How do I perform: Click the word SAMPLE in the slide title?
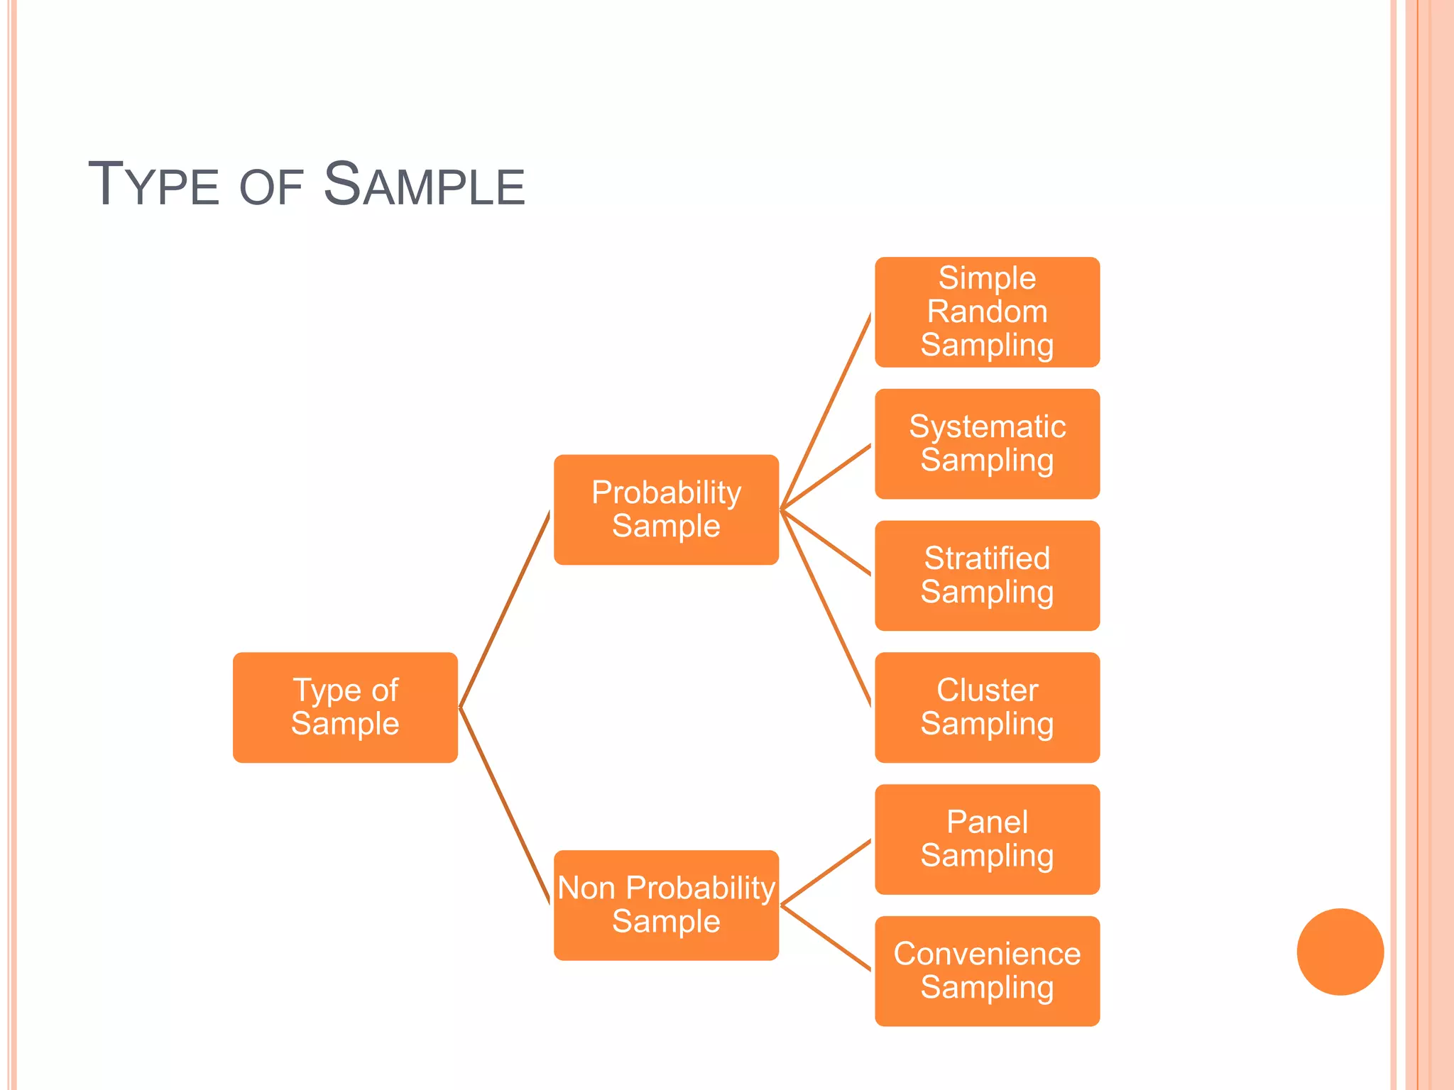tap(424, 185)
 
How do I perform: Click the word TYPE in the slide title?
tap(153, 185)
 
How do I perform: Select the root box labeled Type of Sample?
tap(345, 708)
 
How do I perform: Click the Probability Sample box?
tap(666, 510)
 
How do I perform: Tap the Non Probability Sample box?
tap(666, 905)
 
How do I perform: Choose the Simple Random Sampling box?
tap(987, 312)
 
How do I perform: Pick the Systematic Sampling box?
tap(987, 444)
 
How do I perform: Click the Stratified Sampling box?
tap(987, 576)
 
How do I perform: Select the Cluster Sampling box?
tap(987, 708)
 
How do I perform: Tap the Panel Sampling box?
tap(987, 839)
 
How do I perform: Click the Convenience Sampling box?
tap(987, 971)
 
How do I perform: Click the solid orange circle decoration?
tap(1340, 952)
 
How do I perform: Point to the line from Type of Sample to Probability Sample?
tap(505, 609)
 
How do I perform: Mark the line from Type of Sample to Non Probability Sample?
tap(505, 806)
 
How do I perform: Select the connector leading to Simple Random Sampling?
tap(826, 412)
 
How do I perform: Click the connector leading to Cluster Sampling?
tap(826, 608)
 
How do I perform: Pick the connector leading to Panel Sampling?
tap(826, 873)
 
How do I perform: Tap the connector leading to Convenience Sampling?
tap(826, 938)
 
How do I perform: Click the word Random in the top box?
tap(987, 312)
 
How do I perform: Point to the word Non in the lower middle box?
tap(586, 888)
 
